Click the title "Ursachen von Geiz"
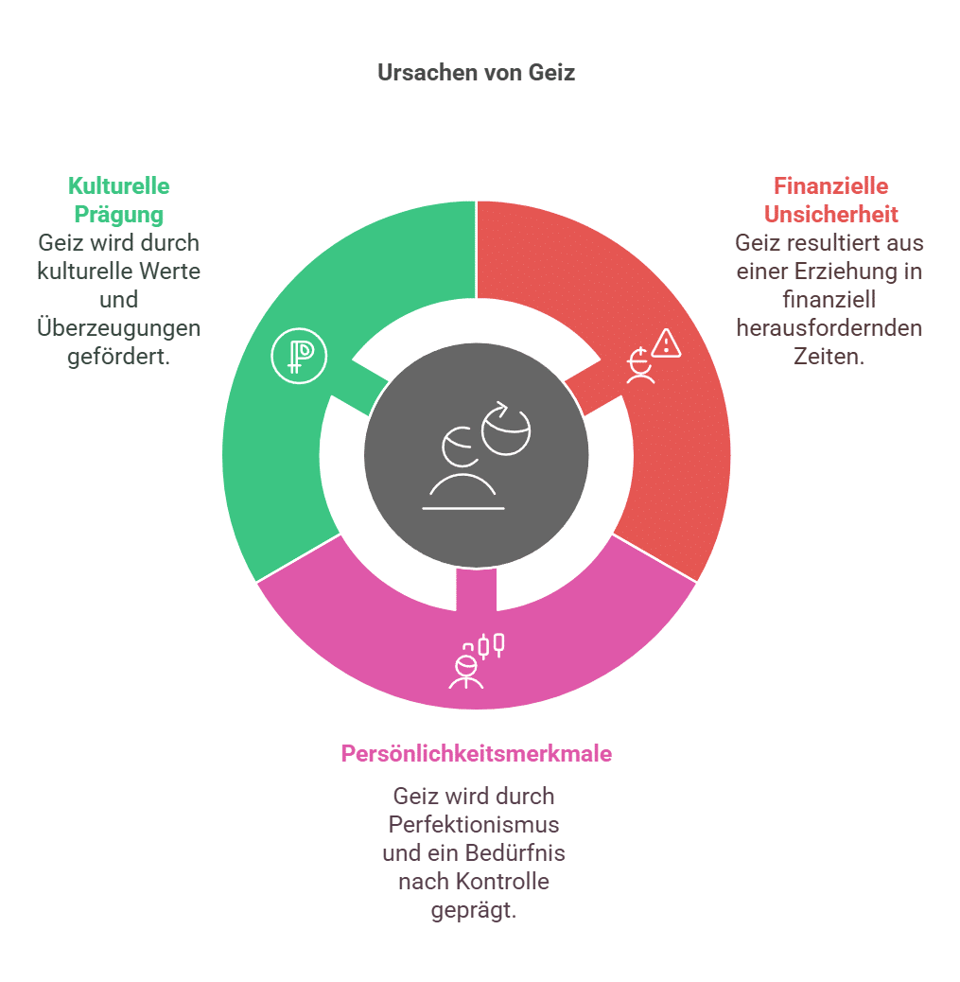click(x=476, y=73)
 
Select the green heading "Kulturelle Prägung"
click(x=119, y=200)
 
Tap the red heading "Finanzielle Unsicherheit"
click(x=830, y=200)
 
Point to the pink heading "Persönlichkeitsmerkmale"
click(x=476, y=754)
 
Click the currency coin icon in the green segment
click(x=299, y=356)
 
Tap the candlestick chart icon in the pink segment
click(x=491, y=645)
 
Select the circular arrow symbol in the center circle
click(x=506, y=428)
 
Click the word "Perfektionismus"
click(x=474, y=825)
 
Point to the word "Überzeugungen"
click(x=119, y=328)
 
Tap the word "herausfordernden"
click(x=829, y=328)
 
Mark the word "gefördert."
click(x=119, y=357)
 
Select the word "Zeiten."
click(x=829, y=357)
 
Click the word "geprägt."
click(x=474, y=910)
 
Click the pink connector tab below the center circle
click(x=476, y=589)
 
